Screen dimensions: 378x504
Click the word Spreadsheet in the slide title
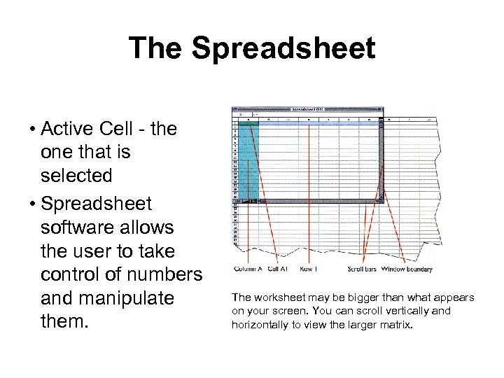pos(282,48)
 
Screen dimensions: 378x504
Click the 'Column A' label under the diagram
pos(248,269)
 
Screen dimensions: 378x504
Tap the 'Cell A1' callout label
pos(278,269)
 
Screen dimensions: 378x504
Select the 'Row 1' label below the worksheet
pos(309,269)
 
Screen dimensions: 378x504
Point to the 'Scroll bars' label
pos(362,269)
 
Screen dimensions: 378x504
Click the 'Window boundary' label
pos(407,269)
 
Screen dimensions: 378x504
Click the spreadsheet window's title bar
pos(308,110)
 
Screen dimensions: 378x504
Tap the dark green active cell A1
pos(248,124)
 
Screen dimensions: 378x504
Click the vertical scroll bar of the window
pos(381,161)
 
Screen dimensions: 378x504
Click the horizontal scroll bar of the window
pos(315,202)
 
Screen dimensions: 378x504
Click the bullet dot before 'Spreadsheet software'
pos(33,204)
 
